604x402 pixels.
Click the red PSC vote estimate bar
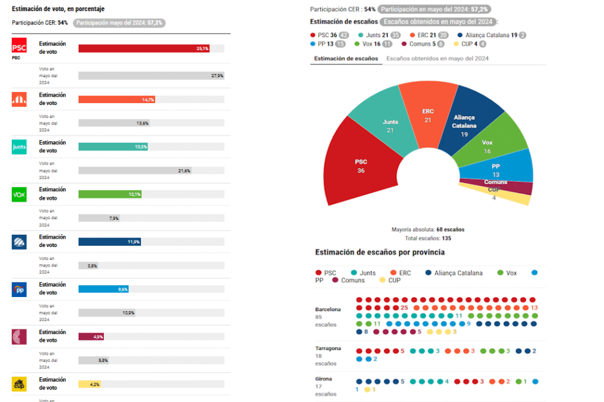pos(143,49)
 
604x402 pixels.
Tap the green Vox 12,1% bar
pos(109,194)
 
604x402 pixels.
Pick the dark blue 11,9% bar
pos(108,242)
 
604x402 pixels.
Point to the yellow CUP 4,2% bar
pos(89,384)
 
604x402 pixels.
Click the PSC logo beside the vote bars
pos(19,46)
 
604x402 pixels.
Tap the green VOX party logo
pos(19,194)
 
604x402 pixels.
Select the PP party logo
pos(19,289)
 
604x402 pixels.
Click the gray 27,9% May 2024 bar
pos(151,75)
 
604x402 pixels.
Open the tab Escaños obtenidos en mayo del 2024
pos(437,58)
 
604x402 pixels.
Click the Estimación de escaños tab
pos(346,58)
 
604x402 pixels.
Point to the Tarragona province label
pos(328,348)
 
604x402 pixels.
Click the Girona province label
pos(323,379)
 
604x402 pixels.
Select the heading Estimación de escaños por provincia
pos(379,252)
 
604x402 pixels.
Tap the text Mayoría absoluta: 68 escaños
pos(427,230)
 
